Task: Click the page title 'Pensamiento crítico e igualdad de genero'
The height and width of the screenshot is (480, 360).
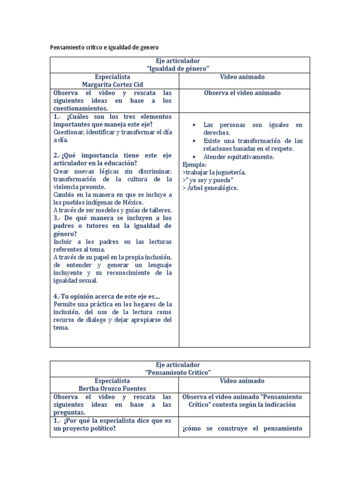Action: coord(104,47)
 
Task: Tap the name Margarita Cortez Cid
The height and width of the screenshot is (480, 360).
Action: coord(112,85)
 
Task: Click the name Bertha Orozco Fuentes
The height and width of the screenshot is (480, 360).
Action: coord(112,389)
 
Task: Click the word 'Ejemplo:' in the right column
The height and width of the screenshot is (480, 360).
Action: coord(195,165)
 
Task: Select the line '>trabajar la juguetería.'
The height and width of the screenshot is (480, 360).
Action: coord(214,172)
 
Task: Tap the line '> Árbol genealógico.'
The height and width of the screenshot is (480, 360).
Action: coord(210,188)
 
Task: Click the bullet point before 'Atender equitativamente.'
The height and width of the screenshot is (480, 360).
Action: coord(194,157)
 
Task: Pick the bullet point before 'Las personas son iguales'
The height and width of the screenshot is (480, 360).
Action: coord(194,125)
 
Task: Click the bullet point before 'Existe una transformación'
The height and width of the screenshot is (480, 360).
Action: coord(194,141)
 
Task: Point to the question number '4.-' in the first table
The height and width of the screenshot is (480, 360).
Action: coord(58,297)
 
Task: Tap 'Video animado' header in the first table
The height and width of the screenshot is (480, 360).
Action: coord(242,77)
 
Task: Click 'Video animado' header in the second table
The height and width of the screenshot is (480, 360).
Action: coord(242,381)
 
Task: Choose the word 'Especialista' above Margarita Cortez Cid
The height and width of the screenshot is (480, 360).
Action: coord(112,77)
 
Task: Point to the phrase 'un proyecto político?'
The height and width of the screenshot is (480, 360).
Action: coord(84,429)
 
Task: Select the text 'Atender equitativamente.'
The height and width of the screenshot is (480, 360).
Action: coord(239,157)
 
